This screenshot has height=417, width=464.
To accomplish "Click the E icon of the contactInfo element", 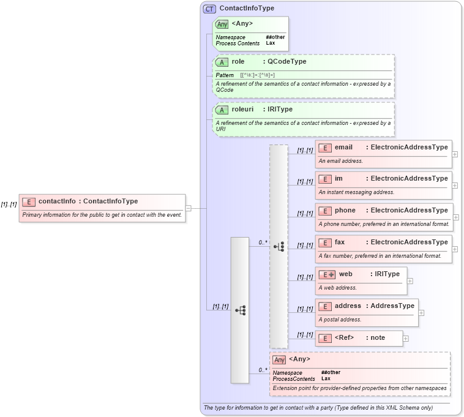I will point(28,201).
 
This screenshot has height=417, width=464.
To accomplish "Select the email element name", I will point(343,147).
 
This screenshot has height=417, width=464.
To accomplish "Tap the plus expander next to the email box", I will point(455,154).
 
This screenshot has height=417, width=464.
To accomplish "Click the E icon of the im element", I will point(324,179).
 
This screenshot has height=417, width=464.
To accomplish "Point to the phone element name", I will point(345,211).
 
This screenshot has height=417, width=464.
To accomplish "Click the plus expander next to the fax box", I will point(455,249).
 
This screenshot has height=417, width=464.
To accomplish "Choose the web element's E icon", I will point(326,274).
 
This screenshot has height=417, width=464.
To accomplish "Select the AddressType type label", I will point(392,306).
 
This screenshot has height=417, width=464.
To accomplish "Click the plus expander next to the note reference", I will point(405,338).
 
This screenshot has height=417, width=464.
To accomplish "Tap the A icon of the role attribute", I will point(222,62).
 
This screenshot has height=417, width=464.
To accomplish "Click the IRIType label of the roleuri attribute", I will point(280,109).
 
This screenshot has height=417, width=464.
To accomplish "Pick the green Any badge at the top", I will point(222,24).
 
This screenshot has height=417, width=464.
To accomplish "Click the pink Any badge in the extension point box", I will point(279,359).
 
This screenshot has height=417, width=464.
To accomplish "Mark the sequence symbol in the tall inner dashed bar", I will point(279,247).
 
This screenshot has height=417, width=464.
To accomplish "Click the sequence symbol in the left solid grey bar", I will point(240,310).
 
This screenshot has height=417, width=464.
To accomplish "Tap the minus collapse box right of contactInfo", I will point(189,208).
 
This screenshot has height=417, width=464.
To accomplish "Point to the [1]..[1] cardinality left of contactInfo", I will point(9,204).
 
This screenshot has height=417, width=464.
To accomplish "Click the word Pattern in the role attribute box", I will point(225,75).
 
